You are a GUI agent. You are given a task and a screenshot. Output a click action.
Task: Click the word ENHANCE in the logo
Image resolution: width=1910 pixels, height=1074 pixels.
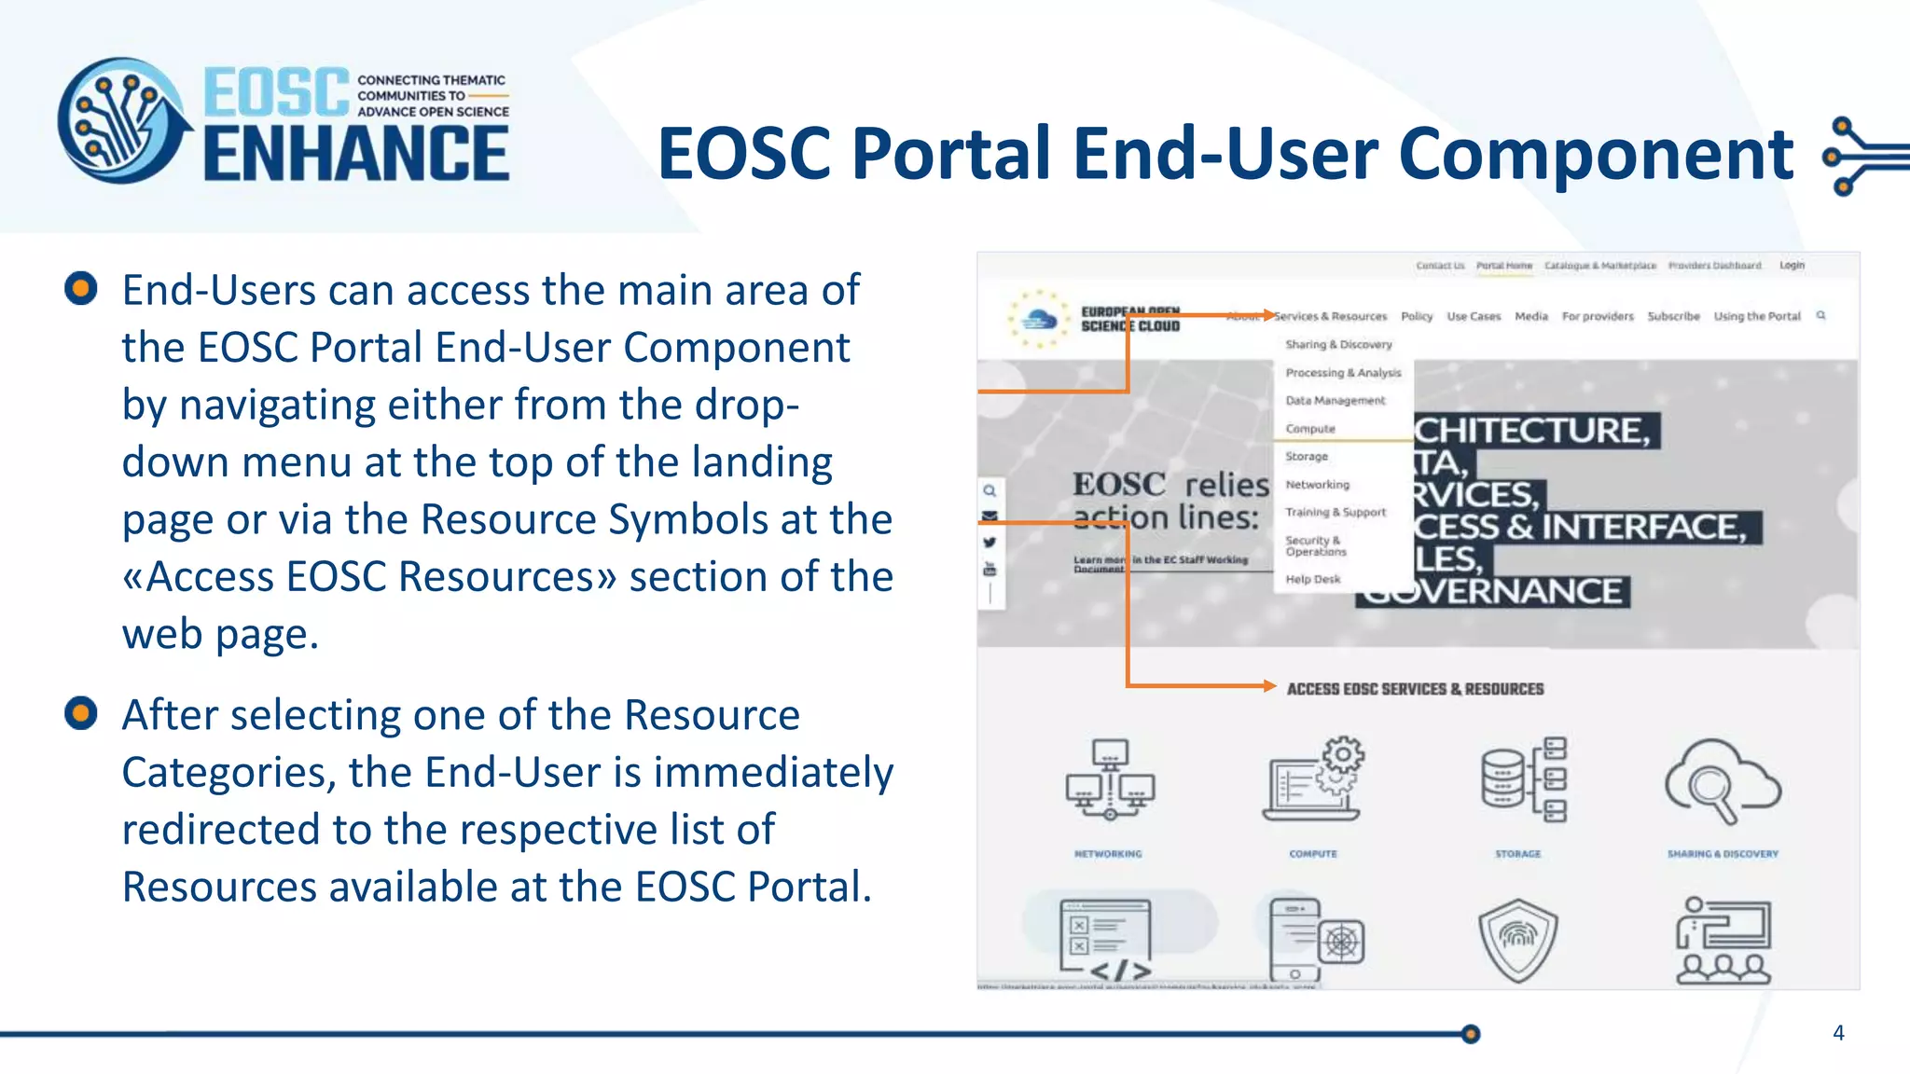356,154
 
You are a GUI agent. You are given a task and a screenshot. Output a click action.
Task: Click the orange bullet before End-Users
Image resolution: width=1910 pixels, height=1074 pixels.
81,288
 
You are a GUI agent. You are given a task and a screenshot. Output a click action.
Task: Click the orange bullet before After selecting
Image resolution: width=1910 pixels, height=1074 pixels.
81,713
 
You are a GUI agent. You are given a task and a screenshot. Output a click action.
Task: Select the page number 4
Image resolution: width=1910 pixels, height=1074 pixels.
1838,1033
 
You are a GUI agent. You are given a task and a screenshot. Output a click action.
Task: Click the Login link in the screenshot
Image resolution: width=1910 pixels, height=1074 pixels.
1792,266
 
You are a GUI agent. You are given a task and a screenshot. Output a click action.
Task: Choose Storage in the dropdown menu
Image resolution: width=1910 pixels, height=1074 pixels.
1307,457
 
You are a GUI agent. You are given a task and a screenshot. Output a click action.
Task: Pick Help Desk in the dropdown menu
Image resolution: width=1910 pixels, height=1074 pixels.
1313,579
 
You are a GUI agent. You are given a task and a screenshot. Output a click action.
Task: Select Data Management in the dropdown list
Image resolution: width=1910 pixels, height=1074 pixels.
1336,401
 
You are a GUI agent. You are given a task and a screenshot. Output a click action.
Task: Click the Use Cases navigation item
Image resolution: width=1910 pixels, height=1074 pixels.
1474,317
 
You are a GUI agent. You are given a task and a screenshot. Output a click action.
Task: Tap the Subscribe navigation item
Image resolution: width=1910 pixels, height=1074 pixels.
1673,317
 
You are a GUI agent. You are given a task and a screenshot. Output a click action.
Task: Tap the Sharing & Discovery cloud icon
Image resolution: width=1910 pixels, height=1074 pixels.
1723,780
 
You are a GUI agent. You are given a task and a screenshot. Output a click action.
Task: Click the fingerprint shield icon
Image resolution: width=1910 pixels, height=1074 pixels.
1517,939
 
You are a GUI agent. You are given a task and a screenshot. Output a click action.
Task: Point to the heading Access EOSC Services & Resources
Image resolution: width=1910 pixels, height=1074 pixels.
1415,689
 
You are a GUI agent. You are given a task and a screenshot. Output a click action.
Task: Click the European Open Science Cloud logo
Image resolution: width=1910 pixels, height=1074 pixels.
1096,320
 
